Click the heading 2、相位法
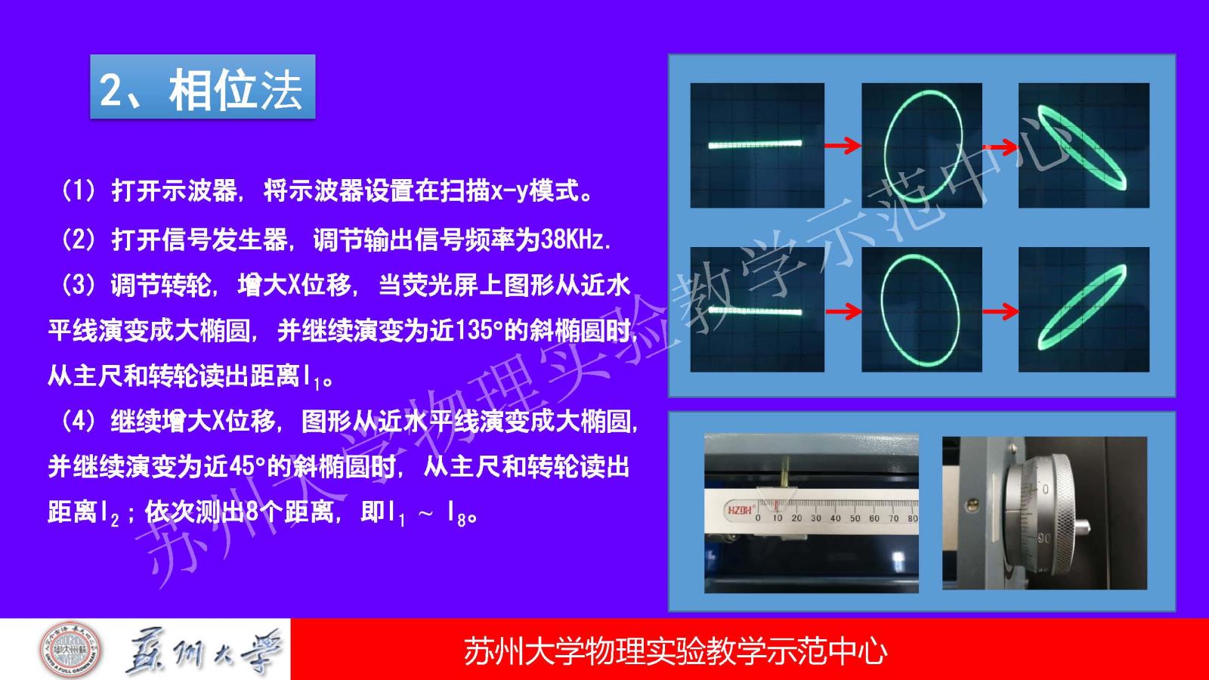click(201, 90)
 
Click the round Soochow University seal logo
click(71, 649)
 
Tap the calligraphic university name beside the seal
click(204, 651)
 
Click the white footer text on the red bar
click(676, 651)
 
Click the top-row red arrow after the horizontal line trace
click(842, 145)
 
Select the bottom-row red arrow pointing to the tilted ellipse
click(1000, 311)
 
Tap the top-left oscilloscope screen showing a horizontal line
click(757, 145)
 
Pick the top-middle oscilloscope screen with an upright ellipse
click(922, 145)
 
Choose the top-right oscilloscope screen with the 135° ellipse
click(1084, 145)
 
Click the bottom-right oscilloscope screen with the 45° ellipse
click(1084, 310)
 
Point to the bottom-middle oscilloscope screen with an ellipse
click(922, 310)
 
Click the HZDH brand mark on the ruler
click(740, 510)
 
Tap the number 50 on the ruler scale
click(855, 518)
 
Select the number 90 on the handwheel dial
click(1044, 539)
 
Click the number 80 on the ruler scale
click(913, 518)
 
